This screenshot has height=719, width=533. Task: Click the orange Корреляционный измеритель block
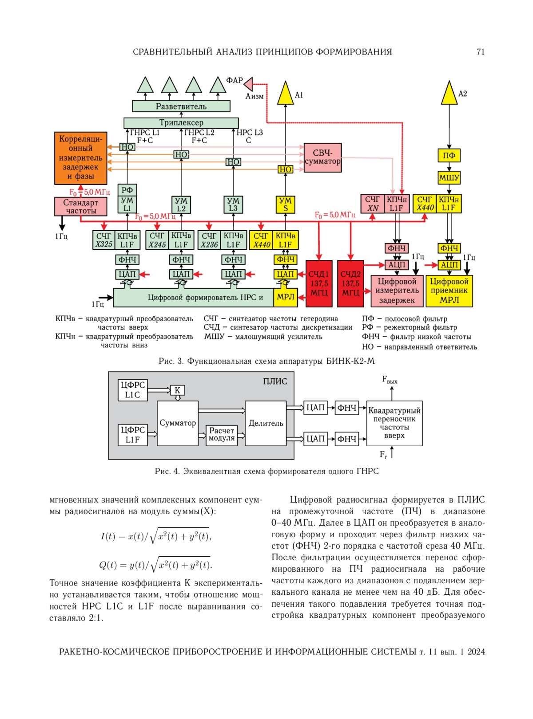coord(80,158)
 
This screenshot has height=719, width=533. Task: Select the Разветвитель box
coord(181,106)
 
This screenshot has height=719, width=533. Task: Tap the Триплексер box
coord(181,123)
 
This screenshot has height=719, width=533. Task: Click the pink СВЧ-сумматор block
coord(322,157)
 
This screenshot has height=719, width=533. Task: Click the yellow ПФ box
coord(449,156)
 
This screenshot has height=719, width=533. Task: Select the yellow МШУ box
coord(449,177)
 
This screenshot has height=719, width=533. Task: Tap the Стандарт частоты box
coord(80,207)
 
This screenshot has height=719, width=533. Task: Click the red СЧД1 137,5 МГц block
coord(319,283)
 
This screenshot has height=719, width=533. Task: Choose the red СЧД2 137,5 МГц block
coord(350,283)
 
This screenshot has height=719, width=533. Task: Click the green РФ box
coord(127,190)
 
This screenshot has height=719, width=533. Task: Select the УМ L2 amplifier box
coord(181,204)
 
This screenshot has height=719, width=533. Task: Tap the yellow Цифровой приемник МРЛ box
coord(449,291)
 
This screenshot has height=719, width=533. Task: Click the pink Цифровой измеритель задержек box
coord(397,291)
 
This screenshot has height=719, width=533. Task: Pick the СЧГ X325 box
coord(103,240)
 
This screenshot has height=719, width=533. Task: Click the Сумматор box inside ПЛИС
coord(178,423)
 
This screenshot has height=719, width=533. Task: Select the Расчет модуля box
coord(222,435)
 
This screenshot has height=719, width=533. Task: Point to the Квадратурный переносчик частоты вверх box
coord(394,423)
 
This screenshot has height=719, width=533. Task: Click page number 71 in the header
coord(481,52)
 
